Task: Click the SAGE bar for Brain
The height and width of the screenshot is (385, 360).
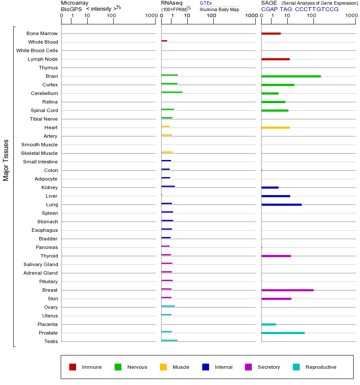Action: pyautogui.click(x=291, y=76)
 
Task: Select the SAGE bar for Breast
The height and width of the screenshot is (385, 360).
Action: pyautogui.click(x=287, y=290)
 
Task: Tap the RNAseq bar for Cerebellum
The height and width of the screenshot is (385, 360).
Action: pyautogui.click(x=172, y=92)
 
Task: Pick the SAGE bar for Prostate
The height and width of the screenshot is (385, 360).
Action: pyautogui.click(x=283, y=333)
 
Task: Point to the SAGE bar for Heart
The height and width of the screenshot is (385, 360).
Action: pyautogui.click(x=275, y=127)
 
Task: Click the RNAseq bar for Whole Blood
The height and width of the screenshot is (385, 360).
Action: pyautogui.click(x=164, y=41)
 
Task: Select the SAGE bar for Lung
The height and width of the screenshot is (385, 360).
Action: pyautogui.click(x=281, y=204)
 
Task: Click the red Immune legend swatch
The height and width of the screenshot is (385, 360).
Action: pyautogui.click(x=73, y=367)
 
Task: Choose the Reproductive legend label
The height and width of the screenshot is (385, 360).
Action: pyautogui.click(x=321, y=367)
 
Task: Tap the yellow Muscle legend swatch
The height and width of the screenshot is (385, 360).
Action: pyautogui.click(x=163, y=367)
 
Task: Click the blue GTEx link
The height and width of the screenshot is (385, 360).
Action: pyautogui.click(x=206, y=3)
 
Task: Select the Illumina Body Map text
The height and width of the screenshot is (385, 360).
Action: pyautogui.click(x=219, y=9)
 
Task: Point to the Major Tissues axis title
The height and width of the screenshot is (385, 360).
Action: pyautogui.click(x=6, y=160)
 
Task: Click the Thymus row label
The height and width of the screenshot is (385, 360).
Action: pyautogui.click(x=48, y=68)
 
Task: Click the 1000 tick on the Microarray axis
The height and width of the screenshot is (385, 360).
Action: pyautogui.click(x=151, y=16)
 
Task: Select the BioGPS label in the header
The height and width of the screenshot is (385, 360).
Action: pyautogui.click(x=71, y=9)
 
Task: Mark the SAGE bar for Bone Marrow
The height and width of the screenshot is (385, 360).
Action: pyautogui.click(x=271, y=33)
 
